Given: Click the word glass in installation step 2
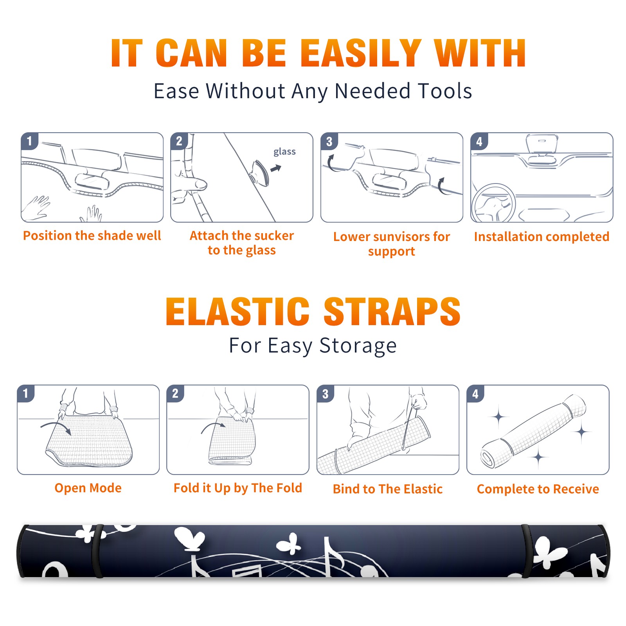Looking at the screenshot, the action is click(284, 152).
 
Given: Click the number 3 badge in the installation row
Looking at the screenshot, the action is click(329, 141).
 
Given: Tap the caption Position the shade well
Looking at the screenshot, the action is click(92, 236).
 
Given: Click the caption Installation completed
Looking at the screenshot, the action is click(541, 237).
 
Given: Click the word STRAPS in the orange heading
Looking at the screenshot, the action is click(392, 311).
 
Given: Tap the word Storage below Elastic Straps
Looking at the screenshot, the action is click(358, 346).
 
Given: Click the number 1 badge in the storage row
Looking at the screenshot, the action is click(26, 393).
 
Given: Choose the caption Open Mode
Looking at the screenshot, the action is click(88, 488).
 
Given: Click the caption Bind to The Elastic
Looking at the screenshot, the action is click(388, 489).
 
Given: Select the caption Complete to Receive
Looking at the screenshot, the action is click(538, 489).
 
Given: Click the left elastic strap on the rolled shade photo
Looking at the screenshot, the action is click(97, 551).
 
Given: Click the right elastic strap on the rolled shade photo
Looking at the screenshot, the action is click(526, 551).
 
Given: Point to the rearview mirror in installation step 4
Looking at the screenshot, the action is click(541, 144).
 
